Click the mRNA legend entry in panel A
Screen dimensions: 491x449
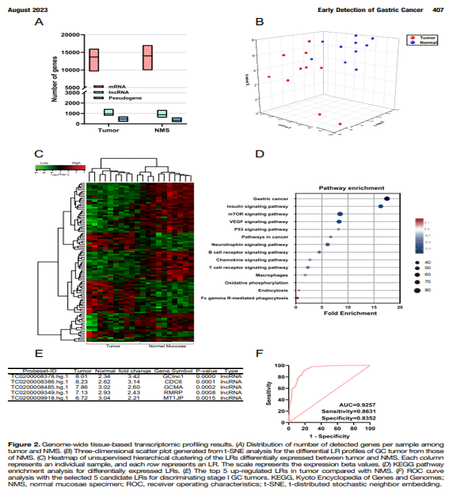click(117, 86)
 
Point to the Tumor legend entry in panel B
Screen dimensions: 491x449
click(426, 38)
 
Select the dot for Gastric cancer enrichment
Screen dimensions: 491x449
click(386, 199)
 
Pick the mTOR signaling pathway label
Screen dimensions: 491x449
click(264, 214)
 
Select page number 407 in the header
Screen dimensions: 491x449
click(438, 10)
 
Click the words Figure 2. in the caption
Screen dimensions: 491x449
click(25, 442)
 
